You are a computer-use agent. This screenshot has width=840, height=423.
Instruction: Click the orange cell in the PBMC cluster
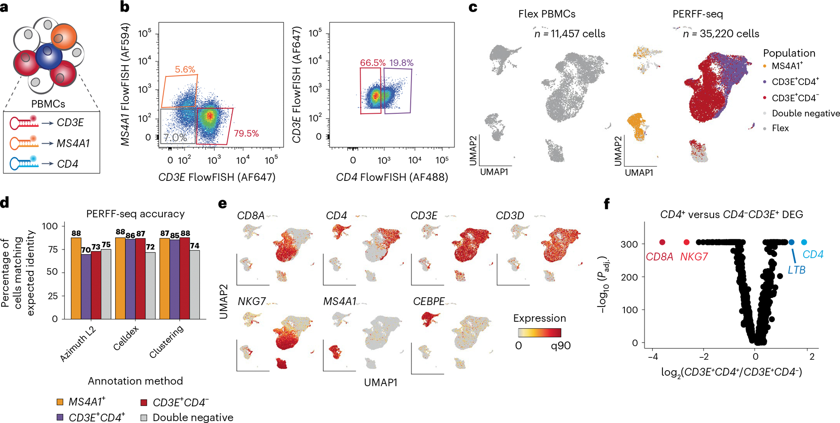pos(64,36)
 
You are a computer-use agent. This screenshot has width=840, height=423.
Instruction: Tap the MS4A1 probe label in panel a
pos(73,143)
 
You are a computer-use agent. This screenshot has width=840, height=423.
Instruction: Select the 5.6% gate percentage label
pos(185,69)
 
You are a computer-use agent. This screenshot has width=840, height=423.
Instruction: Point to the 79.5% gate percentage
pos(246,133)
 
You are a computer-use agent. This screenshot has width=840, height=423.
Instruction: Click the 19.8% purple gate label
pos(401,63)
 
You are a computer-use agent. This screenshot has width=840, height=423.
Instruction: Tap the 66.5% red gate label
pos(373,63)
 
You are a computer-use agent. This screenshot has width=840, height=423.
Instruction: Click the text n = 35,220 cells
pos(721,34)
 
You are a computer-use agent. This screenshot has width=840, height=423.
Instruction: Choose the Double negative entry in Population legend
pos(806,113)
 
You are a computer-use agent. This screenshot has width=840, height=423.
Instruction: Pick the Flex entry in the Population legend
pos(780,128)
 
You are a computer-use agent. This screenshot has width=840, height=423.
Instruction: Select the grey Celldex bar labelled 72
pos(150,285)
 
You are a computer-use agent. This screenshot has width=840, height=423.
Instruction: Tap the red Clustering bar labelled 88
pos(185,278)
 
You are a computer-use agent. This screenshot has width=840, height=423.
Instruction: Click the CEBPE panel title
pos(429,301)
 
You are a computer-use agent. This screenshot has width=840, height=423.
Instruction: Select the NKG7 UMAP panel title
pos(252,301)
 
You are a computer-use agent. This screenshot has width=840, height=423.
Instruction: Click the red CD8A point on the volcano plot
pos(662,242)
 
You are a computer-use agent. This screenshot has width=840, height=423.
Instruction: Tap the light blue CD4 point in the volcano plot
pos(804,242)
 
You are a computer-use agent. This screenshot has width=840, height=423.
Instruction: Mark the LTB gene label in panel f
pos(796,270)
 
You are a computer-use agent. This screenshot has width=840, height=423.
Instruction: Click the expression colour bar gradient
pos(540,333)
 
